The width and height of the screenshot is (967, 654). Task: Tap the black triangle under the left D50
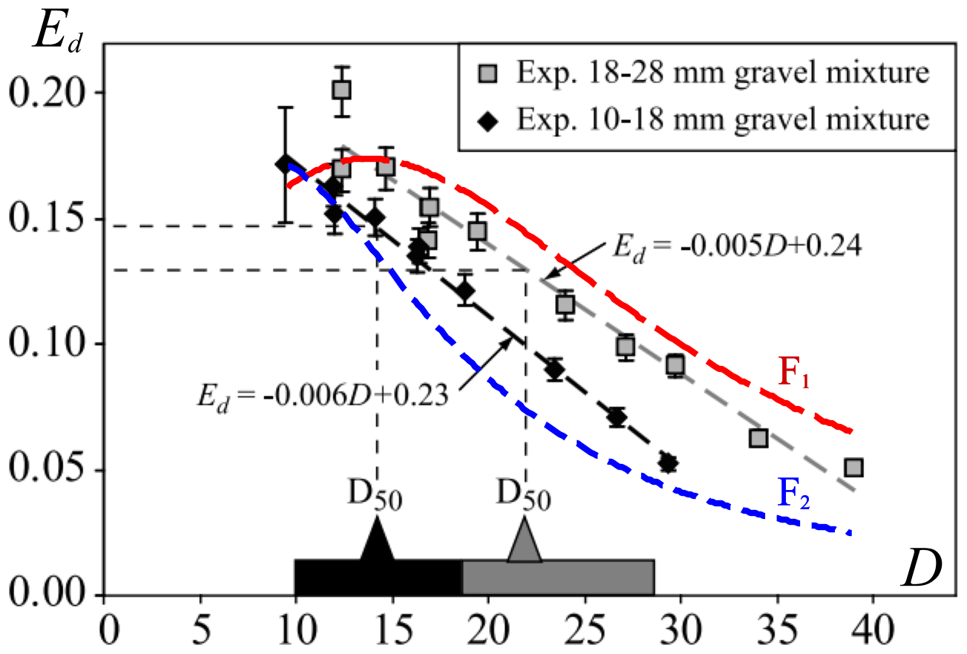point(377,539)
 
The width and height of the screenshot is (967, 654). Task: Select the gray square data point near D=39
point(854,468)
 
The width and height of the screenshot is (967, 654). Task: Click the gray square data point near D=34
point(758,438)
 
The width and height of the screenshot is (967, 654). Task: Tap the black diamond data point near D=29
point(669,462)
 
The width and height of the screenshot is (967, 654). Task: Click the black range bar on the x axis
point(378,577)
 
